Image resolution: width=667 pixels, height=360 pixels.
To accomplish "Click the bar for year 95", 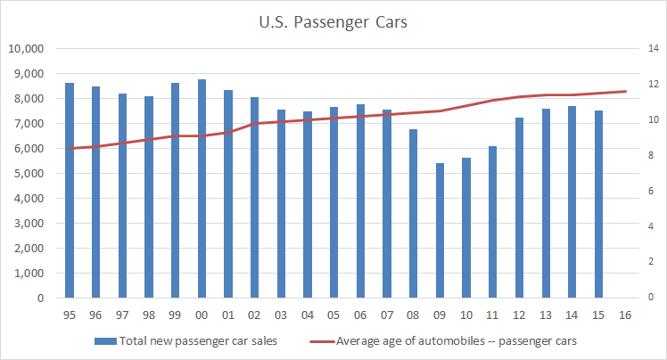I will (69, 191).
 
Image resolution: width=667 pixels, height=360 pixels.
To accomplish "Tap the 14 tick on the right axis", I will (653, 48).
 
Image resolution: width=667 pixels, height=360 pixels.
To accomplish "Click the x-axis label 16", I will (625, 315).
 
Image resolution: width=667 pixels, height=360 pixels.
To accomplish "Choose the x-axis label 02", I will (254, 315).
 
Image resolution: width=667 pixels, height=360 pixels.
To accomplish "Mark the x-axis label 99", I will (175, 315).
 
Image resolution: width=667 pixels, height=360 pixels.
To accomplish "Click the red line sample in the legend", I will (321, 340).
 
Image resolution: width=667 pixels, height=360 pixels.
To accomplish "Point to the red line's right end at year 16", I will (625, 91).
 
